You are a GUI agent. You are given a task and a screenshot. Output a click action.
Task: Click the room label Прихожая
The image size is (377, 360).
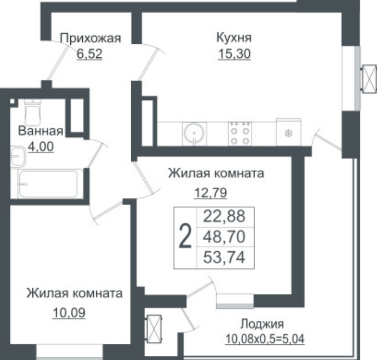click(91, 39)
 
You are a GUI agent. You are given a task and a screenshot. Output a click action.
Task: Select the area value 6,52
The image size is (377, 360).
click(90, 54)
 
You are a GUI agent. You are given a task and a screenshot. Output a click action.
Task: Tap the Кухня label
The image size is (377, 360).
click(234, 38)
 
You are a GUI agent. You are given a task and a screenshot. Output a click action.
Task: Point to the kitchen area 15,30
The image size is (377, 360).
click(234, 53)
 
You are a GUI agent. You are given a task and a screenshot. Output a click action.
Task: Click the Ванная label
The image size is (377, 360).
click(41, 131)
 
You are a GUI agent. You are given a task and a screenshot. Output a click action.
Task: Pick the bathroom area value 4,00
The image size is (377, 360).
click(41, 146)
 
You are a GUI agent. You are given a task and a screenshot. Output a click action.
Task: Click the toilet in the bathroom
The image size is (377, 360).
click(33, 112)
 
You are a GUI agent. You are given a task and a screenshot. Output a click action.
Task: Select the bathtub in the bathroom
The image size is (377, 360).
click(50, 183)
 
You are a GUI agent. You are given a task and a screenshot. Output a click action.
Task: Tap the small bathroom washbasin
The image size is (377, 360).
click(18, 156)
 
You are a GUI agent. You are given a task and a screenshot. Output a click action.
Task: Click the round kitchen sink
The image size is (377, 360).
click(194, 133)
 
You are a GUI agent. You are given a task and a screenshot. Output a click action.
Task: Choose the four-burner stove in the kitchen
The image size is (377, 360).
click(240, 134)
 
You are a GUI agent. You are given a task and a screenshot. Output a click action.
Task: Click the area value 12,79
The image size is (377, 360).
click(210, 193)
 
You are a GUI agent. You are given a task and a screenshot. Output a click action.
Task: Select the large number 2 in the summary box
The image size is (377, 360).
click(185, 235)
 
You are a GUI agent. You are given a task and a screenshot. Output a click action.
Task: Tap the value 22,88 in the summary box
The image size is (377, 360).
click(224, 216)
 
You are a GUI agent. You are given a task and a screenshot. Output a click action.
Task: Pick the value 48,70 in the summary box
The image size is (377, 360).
click(224, 237)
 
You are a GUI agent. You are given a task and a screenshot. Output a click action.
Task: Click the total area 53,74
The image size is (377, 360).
click(224, 257)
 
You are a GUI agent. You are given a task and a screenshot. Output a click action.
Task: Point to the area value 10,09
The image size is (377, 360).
click(69, 313)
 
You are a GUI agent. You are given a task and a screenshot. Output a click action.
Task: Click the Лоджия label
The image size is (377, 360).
click(262, 324)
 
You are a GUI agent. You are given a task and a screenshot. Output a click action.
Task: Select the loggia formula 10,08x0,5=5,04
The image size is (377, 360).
click(265, 339)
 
